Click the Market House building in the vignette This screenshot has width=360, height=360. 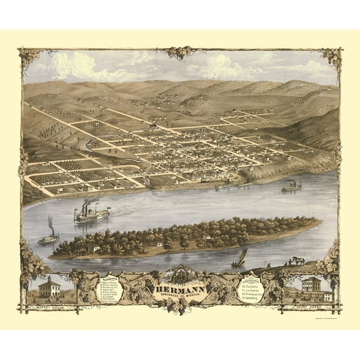point(49,287)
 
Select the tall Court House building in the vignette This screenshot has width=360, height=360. point(311,285)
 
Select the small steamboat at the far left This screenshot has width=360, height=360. point(49,238)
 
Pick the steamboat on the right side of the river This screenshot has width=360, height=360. point(291,186)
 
